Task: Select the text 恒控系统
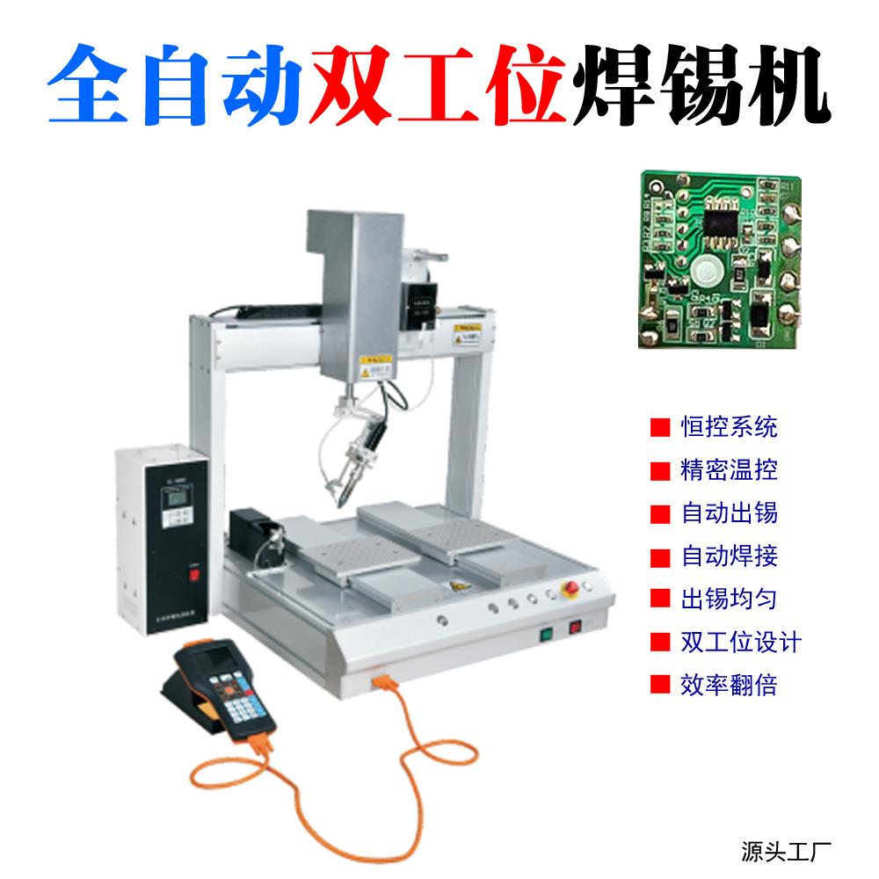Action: tap(730, 429)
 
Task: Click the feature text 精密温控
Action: tap(730, 470)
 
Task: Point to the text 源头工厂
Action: tap(781, 850)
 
